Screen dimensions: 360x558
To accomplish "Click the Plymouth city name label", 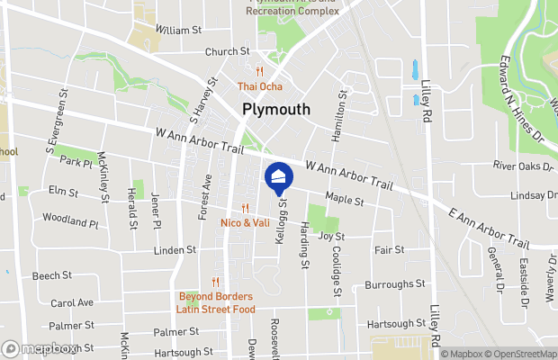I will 276,109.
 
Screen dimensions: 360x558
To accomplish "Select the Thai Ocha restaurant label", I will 259,86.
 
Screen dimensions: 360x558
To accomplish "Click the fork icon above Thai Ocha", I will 259,72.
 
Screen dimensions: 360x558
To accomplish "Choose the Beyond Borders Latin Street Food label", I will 214,302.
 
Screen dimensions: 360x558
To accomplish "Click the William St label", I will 177,30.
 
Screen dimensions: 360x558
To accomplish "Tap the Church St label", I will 227,52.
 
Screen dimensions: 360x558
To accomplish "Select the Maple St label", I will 344,201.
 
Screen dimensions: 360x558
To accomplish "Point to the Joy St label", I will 331,236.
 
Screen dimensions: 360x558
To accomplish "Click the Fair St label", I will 389,249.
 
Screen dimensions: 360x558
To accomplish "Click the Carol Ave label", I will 72,303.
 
